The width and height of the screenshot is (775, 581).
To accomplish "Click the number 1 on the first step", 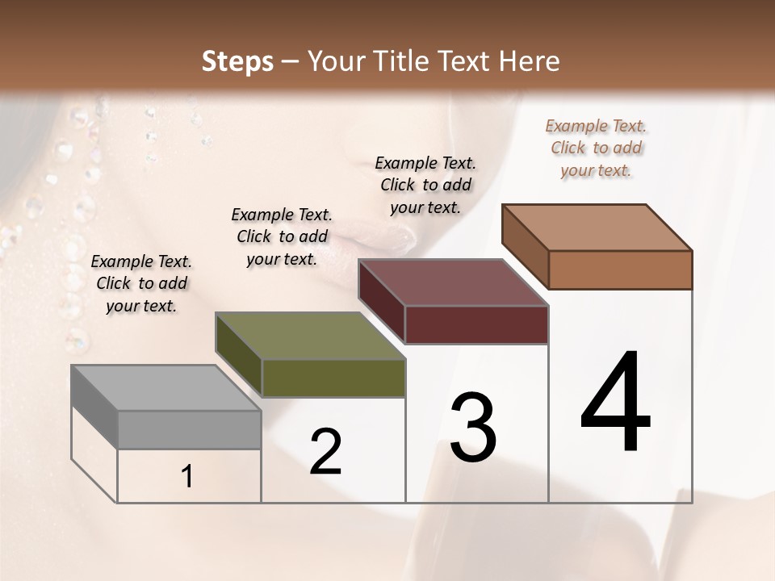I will click(187, 477).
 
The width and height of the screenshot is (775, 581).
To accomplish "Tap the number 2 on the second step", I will click(325, 452).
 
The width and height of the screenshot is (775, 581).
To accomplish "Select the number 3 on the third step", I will click(473, 428).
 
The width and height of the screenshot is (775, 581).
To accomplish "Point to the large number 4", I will click(615, 403).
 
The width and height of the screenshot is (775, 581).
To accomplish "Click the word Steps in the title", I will click(237, 61).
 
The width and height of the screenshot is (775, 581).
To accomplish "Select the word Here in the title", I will click(528, 61).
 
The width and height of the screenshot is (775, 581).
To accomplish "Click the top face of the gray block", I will click(165, 387).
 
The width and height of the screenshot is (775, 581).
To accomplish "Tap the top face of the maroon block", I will click(453, 282).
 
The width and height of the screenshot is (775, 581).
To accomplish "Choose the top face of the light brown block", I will click(597, 227).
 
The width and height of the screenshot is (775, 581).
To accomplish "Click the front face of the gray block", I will click(189, 429).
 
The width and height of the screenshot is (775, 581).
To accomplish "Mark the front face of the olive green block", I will click(333, 378).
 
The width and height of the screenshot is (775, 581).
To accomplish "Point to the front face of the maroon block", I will click(476, 324).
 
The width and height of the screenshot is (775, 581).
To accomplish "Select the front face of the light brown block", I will click(620, 270).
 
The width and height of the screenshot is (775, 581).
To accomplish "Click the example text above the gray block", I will click(141, 284).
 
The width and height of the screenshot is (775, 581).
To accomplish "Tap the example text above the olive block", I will click(282, 237).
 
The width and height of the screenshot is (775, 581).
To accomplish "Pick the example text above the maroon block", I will click(425, 185).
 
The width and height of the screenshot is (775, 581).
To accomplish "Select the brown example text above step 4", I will click(596, 148).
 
